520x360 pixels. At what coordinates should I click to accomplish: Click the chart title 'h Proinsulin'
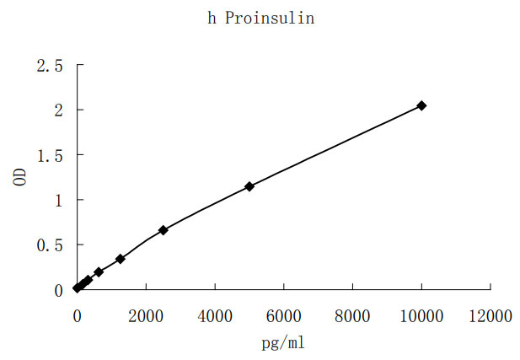[261, 19]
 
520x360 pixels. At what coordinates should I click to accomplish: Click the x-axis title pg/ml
[283, 344]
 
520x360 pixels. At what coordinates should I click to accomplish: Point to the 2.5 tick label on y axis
[49, 65]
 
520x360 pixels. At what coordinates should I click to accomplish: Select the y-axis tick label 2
[57, 110]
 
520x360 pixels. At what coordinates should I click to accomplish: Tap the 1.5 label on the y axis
[49, 155]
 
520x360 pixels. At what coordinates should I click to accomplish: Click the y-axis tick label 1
[57, 200]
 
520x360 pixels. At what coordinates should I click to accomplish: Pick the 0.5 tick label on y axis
[49, 245]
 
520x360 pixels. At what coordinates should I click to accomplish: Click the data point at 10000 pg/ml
[421, 105]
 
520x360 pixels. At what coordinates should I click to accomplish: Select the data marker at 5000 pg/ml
[249, 186]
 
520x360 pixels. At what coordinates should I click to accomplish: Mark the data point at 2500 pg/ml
[164, 230]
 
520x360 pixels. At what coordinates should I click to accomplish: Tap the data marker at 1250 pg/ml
[121, 259]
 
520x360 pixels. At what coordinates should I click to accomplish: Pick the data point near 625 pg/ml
[99, 271]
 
